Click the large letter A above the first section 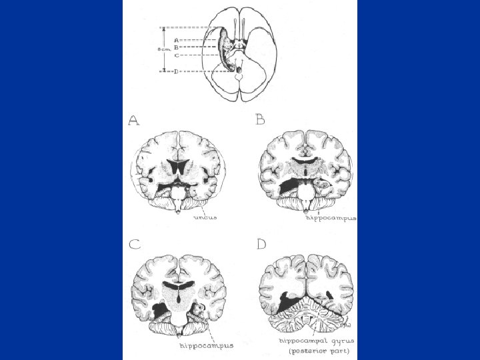click(x=134, y=121)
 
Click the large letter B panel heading click(x=261, y=120)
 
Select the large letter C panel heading click(x=134, y=244)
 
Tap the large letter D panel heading click(x=261, y=244)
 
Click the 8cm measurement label click(x=162, y=49)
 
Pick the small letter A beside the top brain click(x=175, y=40)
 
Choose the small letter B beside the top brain click(x=175, y=47)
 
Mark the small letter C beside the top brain click(x=175, y=55)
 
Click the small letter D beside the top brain click(x=175, y=71)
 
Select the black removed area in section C click(x=161, y=311)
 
